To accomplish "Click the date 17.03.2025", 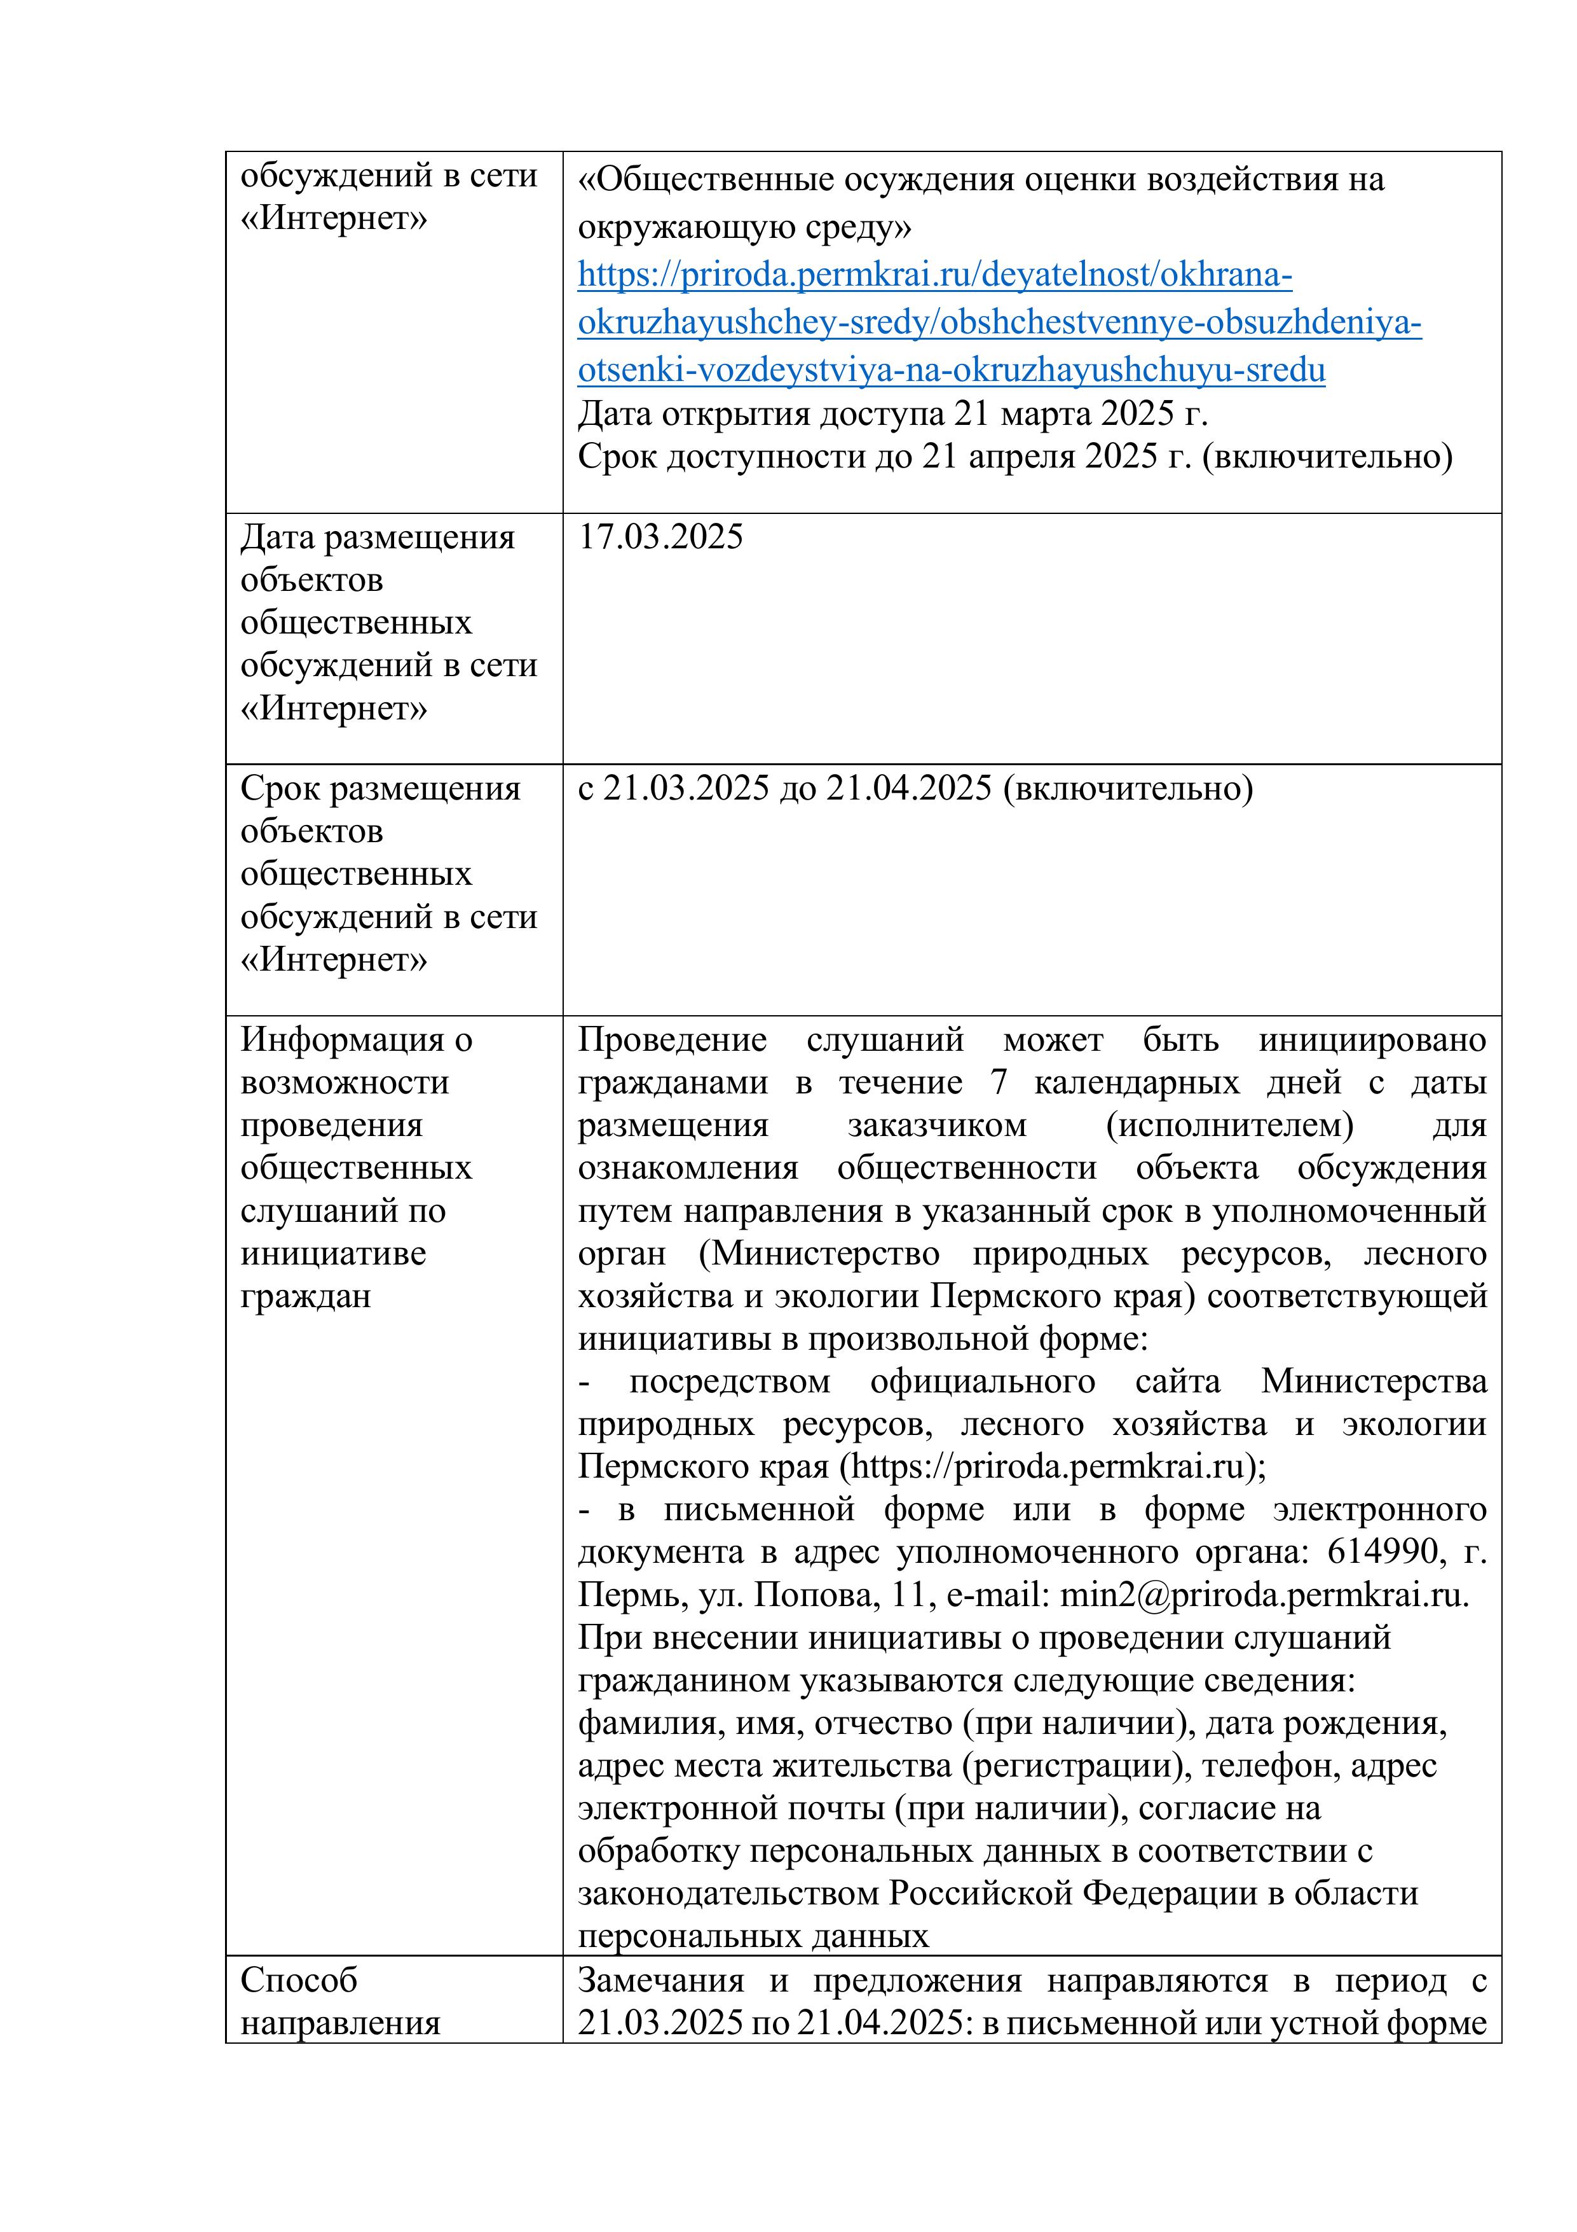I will click(x=660, y=537).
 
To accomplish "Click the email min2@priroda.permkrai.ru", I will click(x=1263, y=1595).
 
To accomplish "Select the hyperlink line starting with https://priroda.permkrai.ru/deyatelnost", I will click(x=935, y=275).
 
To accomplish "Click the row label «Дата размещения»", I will click(x=377, y=537).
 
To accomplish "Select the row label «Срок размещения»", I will click(x=380, y=788).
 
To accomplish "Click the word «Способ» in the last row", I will click(x=299, y=1979).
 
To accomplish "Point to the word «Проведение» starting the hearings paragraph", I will click(x=671, y=1039).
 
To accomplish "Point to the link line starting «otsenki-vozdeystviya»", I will click(x=952, y=370).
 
